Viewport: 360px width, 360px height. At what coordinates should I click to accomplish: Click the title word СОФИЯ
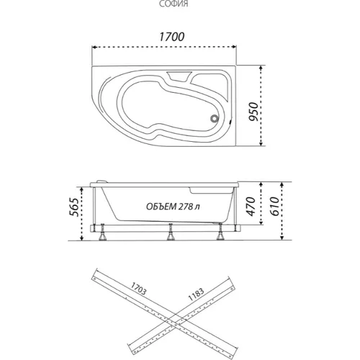174,4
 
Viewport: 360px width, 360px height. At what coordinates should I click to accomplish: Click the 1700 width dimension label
172,37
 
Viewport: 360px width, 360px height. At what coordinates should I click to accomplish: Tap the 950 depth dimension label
253,112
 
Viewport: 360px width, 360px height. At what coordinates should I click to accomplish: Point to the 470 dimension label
251,207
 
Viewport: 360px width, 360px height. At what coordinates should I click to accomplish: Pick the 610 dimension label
275,207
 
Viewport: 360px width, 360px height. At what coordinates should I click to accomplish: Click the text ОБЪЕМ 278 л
173,207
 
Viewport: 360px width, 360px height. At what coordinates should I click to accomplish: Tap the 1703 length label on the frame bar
138,288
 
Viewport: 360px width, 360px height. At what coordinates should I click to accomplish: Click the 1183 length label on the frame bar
196,294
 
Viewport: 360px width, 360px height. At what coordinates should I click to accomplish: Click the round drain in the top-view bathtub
215,118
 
